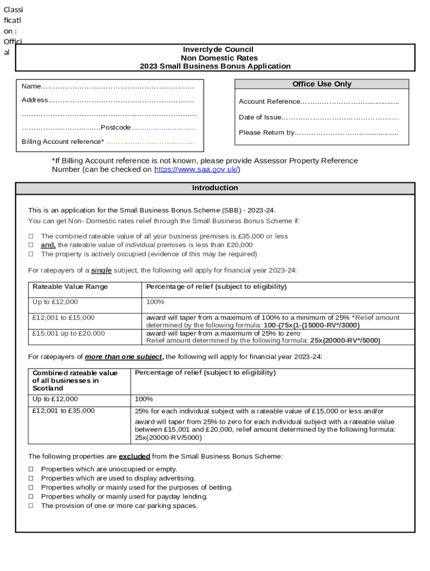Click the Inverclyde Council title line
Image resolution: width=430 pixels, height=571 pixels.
pos(215,50)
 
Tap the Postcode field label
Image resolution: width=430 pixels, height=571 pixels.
pos(116,128)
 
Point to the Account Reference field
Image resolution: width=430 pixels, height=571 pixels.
pos(350,102)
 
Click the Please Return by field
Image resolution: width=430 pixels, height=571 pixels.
pos(346,133)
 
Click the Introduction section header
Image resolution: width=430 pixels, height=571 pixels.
pos(215,188)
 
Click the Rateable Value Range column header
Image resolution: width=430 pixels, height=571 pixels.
pos(70,287)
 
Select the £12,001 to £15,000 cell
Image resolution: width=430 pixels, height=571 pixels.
pos(64,318)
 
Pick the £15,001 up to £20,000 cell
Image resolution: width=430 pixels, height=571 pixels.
pos(68,333)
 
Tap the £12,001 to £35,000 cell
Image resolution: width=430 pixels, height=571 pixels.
pos(64,411)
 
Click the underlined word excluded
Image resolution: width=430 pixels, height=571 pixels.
pos(134,456)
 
